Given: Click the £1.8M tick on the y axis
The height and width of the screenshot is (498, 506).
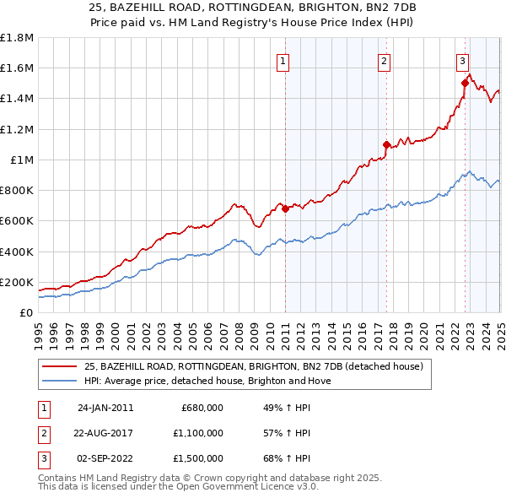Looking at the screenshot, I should coord(17,38).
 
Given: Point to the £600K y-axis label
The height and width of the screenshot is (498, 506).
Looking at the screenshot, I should coord(17,221).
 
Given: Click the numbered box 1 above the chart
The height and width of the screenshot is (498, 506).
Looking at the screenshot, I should coord(283,61).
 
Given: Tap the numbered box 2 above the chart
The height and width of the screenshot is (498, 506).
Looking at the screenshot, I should coord(385,61).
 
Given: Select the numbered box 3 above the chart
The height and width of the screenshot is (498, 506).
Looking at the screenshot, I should coord(463,61).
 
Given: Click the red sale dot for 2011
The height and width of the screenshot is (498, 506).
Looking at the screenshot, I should coord(285,208).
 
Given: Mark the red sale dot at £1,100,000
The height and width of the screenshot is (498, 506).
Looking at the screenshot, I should coord(386,144).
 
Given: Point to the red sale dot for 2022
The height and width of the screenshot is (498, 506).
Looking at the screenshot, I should coord(465,83).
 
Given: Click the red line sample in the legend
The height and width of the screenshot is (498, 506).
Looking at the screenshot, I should coord(59,366).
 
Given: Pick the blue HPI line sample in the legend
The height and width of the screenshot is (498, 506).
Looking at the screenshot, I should coord(59,381).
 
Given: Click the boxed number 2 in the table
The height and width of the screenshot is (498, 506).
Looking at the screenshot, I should coord(43,433).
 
